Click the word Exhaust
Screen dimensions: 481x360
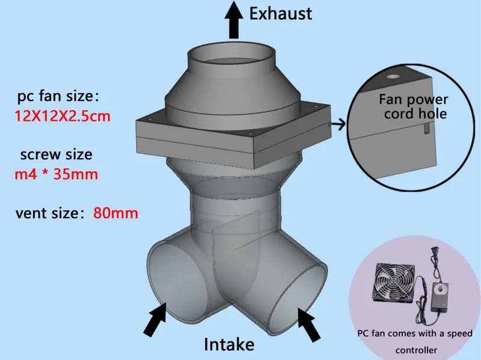(x=280, y=14)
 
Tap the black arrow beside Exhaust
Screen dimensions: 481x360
(x=234, y=20)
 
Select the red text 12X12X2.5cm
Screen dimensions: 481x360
(x=63, y=116)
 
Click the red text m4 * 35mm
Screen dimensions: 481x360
(x=57, y=174)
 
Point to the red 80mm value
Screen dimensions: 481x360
(x=115, y=213)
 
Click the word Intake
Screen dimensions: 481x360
(x=229, y=344)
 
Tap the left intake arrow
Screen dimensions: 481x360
(x=155, y=319)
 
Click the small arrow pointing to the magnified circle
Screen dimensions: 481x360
(x=339, y=124)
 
